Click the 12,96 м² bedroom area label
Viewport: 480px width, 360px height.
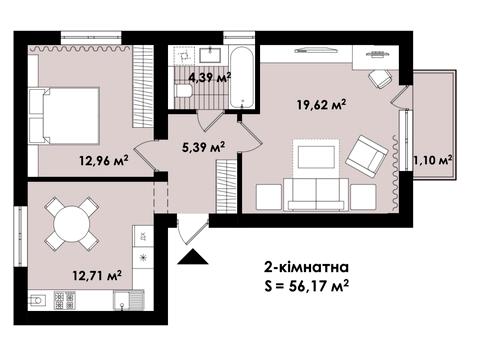[104, 161]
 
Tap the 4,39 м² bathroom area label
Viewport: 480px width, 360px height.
[210, 79]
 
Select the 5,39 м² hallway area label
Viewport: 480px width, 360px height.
[203, 147]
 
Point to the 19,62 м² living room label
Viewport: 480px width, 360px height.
[321, 105]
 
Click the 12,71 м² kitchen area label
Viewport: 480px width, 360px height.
[97, 276]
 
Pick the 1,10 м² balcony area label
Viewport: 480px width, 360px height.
[433, 160]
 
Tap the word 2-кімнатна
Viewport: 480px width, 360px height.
[307, 267]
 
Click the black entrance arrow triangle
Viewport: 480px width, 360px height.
[193, 257]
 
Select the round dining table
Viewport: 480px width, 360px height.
[72, 223]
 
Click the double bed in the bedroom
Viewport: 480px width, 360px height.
[64, 116]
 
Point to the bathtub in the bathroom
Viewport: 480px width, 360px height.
[242, 78]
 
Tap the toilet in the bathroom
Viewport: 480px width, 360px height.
[184, 91]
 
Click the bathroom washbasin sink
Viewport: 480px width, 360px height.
[211, 55]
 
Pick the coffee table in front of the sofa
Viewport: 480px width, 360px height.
[316, 157]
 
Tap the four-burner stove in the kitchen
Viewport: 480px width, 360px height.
[64, 300]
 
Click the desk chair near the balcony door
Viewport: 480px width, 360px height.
[380, 79]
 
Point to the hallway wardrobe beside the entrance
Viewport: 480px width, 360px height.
[226, 186]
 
